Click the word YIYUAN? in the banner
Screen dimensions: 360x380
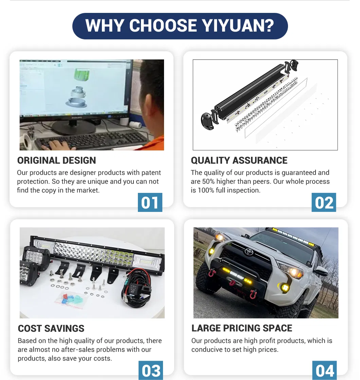(238, 25)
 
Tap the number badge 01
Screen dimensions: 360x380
(150, 202)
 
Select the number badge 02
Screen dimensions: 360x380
(324, 202)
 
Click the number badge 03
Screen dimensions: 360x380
(151, 370)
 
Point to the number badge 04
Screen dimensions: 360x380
(324, 370)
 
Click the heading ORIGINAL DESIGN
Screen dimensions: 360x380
(56, 160)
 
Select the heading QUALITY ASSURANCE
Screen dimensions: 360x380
(239, 160)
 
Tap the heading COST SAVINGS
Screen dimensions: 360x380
(51, 328)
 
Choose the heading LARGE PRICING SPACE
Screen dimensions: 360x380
(242, 328)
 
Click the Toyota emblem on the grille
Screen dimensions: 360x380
(249, 252)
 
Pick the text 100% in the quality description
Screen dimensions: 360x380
(206, 190)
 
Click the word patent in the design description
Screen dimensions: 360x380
(151, 173)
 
